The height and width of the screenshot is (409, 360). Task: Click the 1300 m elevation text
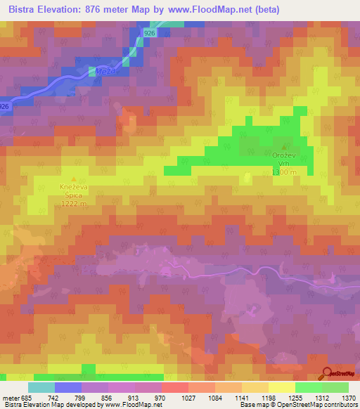[x=285, y=172]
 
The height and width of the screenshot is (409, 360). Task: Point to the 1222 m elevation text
[x=74, y=204]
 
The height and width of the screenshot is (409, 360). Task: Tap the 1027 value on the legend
[x=188, y=398]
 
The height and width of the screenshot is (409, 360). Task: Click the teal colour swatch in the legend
[x=41, y=387]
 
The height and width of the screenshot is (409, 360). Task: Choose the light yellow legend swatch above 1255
[x=281, y=387]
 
